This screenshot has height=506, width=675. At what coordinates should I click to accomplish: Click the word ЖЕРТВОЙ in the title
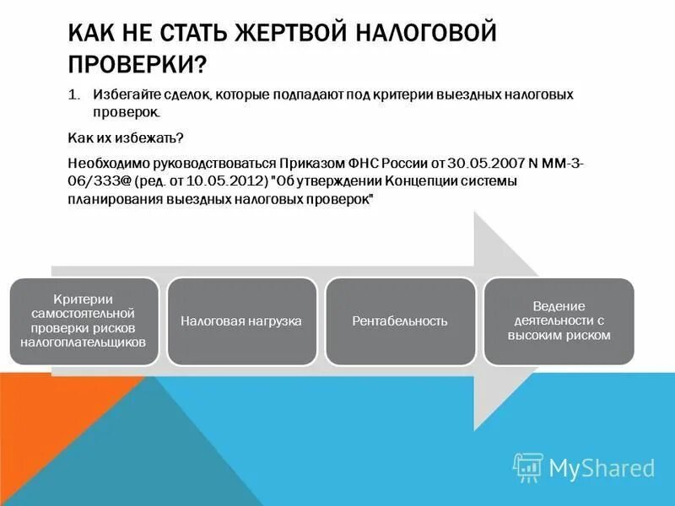click(x=288, y=35)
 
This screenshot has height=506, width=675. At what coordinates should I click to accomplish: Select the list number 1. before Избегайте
click(x=73, y=94)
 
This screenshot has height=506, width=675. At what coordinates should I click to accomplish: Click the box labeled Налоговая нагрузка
click(x=241, y=321)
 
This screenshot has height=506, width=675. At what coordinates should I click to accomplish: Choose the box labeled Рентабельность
click(x=400, y=321)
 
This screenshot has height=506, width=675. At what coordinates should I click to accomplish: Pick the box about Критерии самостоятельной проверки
click(x=84, y=321)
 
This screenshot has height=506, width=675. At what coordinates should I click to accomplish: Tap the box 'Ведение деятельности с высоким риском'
click(x=559, y=321)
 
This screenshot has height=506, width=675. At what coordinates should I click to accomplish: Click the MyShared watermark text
click(x=602, y=468)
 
